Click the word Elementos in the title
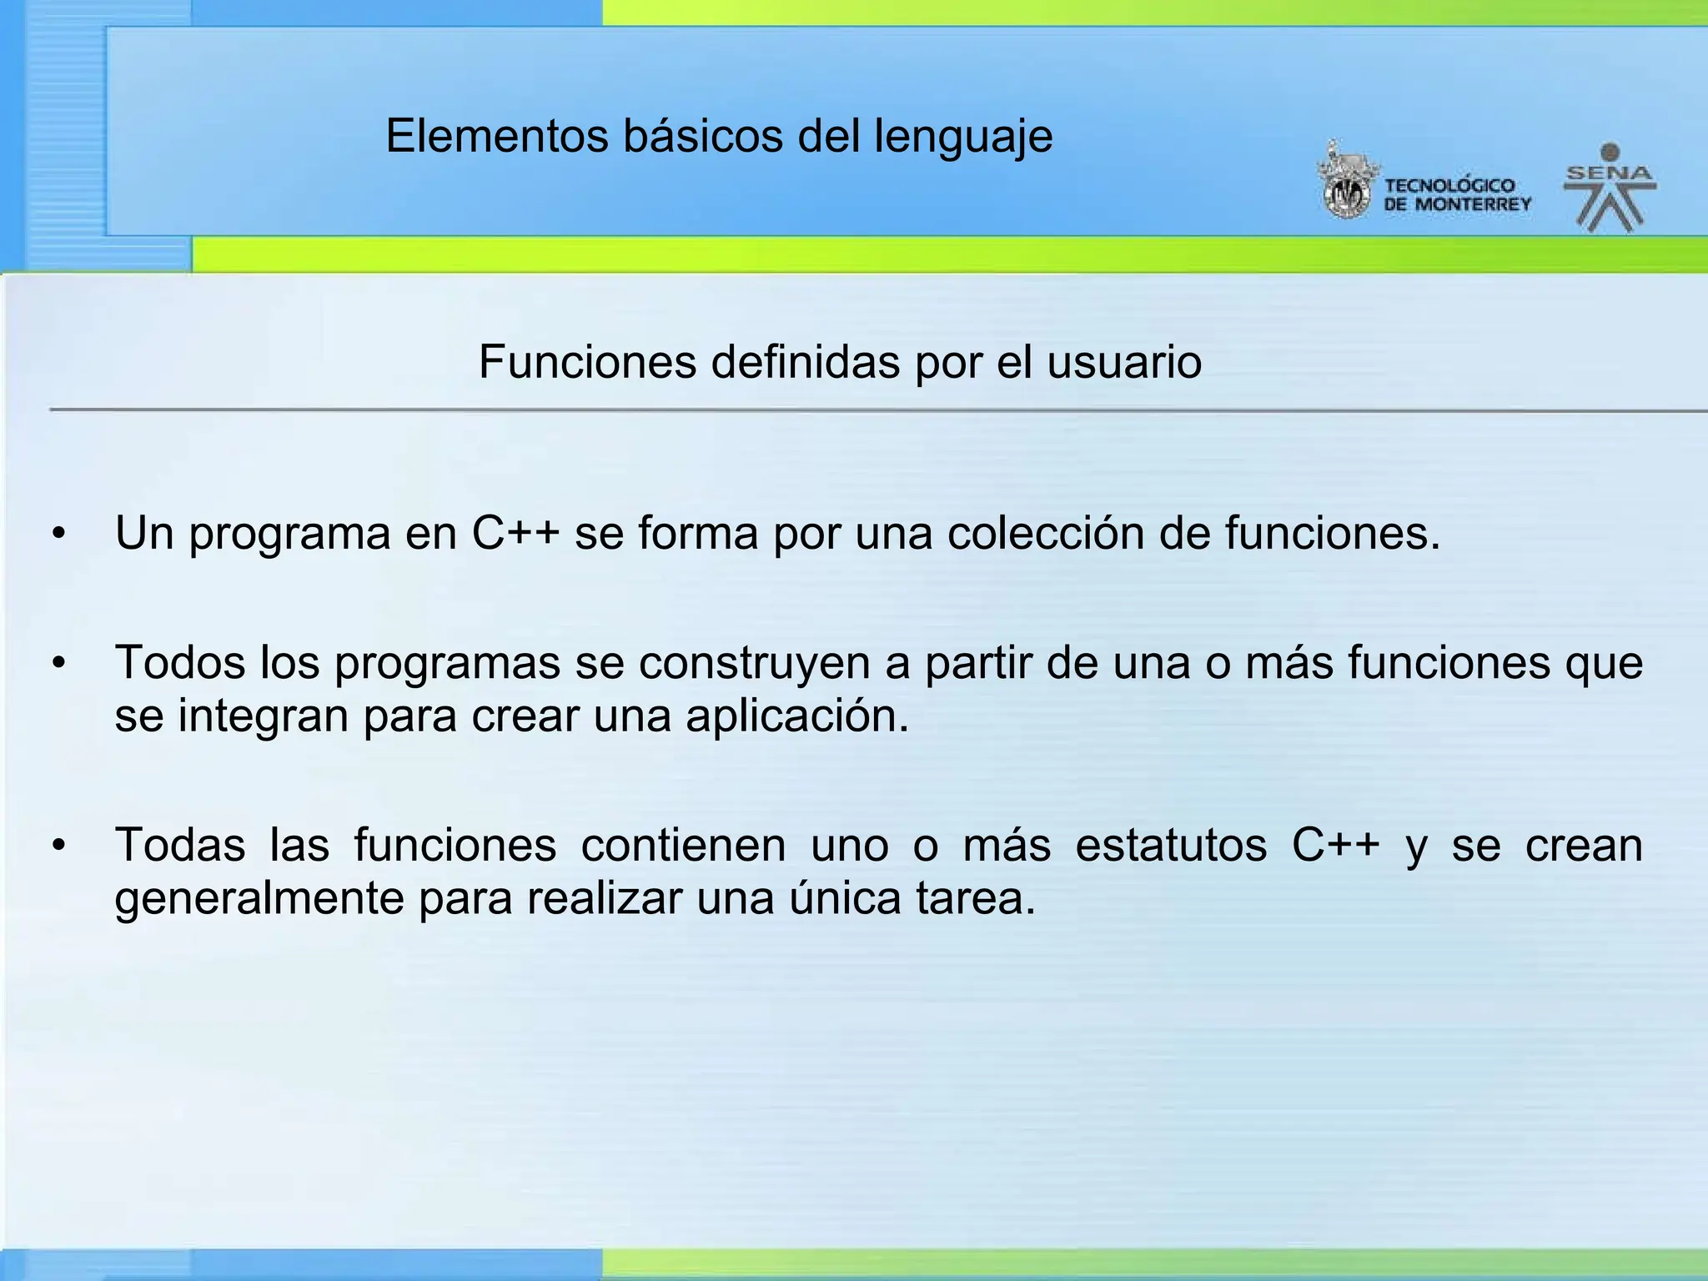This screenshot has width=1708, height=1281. (x=497, y=136)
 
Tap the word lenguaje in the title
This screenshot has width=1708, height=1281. (x=963, y=138)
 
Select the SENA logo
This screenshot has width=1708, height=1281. (x=1610, y=188)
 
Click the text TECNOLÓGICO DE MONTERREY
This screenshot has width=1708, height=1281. (x=1457, y=195)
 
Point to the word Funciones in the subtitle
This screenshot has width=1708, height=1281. (x=587, y=362)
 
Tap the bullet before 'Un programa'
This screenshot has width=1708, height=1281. (x=58, y=534)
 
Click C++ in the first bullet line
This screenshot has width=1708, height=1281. (x=515, y=533)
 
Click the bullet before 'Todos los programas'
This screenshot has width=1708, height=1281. (x=58, y=664)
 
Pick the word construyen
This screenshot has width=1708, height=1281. (x=754, y=664)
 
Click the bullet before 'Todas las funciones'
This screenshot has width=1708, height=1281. (x=58, y=846)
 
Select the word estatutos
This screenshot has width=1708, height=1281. (x=1171, y=845)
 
